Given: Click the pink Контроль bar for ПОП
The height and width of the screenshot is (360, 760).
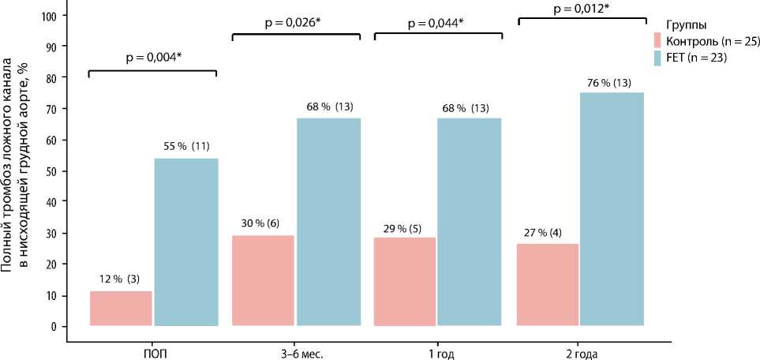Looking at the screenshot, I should tap(121, 308).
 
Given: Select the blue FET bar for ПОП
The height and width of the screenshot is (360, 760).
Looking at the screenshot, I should tap(185, 242).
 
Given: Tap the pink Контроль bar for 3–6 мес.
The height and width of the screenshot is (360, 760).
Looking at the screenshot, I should tap(263, 280).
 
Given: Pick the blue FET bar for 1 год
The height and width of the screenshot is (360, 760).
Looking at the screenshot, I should tap(469, 221).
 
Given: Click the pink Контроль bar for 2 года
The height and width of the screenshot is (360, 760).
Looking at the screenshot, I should tap(547, 284).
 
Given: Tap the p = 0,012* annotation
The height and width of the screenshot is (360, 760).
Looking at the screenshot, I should tap(581, 9).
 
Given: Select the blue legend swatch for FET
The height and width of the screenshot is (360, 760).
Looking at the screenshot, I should tap(658, 58).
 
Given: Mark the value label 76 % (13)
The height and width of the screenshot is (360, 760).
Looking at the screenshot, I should tap(609, 83).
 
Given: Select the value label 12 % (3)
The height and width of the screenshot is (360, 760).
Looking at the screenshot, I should tap(120, 279).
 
